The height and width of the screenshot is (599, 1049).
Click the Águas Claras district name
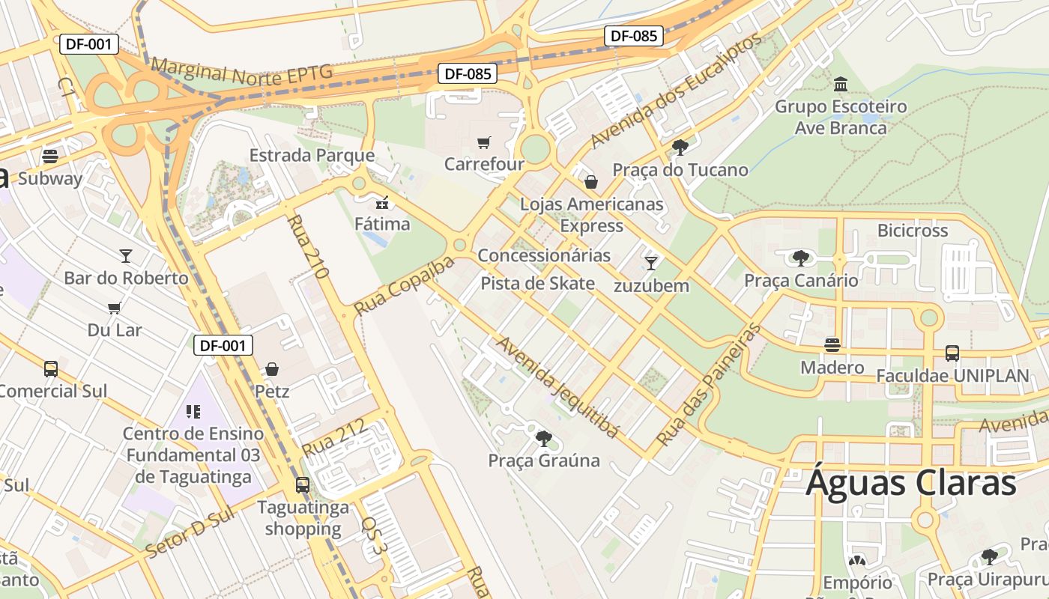(x=911, y=483)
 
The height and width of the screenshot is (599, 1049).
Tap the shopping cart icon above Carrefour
(x=484, y=142)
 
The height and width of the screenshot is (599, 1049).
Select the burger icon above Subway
(x=50, y=156)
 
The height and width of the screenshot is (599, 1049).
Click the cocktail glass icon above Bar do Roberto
(x=126, y=256)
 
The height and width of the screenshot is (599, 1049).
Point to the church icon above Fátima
(x=382, y=202)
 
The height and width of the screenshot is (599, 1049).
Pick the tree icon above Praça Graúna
(x=544, y=439)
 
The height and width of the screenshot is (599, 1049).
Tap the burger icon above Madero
(x=832, y=345)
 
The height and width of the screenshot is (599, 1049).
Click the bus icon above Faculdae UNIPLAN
(x=952, y=353)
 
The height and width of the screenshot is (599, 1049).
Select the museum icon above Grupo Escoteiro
(x=841, y=84)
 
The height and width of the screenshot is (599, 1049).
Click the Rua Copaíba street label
(x=404, y=285)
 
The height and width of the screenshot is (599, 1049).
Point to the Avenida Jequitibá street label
(x=558, y=386)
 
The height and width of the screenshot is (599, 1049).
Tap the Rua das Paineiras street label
(x=708, y=385)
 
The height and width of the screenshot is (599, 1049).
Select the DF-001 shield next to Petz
(x=223, y=345)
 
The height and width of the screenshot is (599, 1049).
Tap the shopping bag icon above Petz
(x=272, y=369)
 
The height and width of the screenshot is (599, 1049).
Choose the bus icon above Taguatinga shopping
(x=303, y=485)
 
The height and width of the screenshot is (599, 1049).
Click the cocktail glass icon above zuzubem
(x=651, y=263)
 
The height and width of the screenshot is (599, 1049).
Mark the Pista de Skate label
(x=537, y=283)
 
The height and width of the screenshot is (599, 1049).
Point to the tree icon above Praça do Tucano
(x=680, y=148)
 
